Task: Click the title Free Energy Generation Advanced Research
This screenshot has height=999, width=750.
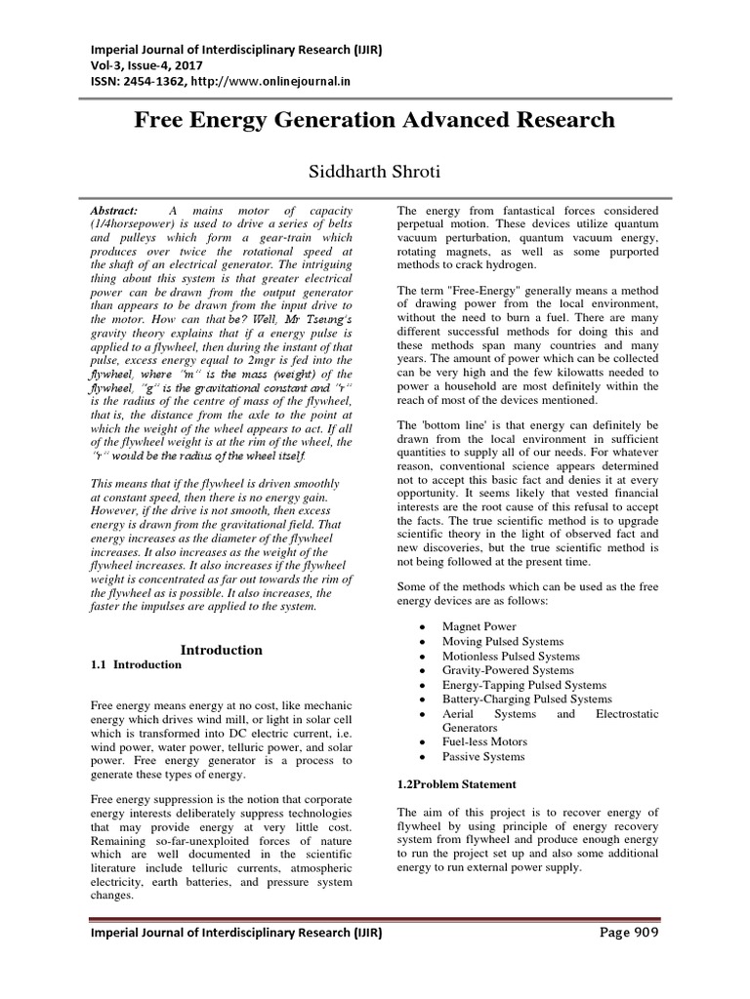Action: coord(374,120)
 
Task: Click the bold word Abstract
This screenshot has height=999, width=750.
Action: coord(114,210)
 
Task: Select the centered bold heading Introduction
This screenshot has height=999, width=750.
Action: coord(223,649)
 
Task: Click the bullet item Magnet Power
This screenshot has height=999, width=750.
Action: coord(479,626)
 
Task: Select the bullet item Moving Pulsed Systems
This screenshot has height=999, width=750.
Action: coord(502,641)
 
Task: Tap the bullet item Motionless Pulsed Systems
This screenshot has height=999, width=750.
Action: coord(510,656)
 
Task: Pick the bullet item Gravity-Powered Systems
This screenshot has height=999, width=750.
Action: coord(507,670)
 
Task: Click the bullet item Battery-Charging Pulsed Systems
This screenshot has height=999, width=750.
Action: coord(526,699)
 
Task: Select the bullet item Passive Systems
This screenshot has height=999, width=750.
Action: coord(482,756)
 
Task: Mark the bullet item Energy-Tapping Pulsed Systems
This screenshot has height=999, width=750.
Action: coord(523,685)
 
